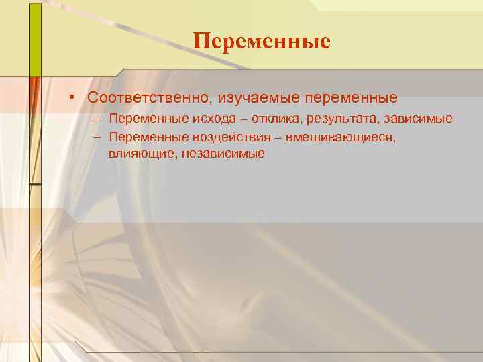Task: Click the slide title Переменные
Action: (262, 41)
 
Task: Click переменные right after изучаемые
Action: (351, 98)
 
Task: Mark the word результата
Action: (325, 119)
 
